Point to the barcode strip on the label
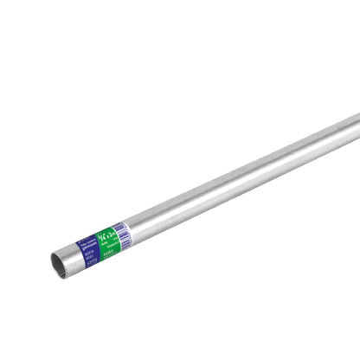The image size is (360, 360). click(120, 230)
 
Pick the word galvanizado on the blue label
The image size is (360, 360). click(87, 243)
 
